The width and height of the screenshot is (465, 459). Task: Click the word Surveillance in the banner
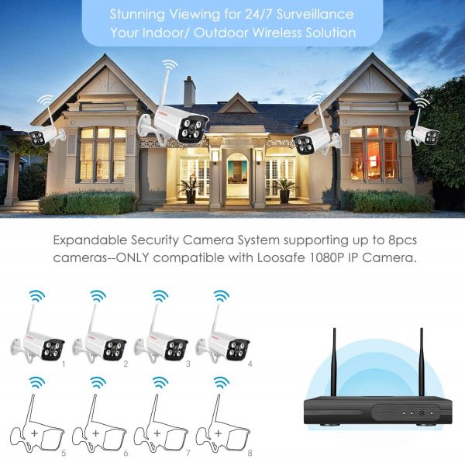(315, 14)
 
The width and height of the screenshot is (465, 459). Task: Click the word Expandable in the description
(90, 240)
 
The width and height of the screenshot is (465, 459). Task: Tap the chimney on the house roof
(190, 91)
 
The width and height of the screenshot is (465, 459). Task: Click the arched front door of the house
(237, 176)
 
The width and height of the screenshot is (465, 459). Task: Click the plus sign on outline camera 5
(35, 433)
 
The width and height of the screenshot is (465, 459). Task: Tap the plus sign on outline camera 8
(219, 433)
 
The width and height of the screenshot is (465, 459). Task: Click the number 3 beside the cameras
(188, 364)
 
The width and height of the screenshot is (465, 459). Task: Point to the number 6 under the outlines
(126, 453)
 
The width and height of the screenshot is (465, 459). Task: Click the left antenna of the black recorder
(334, 362)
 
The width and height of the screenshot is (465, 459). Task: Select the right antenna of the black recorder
(422, 362)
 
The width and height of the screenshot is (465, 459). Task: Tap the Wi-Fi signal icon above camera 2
(98, 296)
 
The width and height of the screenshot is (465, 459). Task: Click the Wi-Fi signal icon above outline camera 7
(160, 382)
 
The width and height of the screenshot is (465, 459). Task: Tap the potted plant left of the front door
(190, 191)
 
